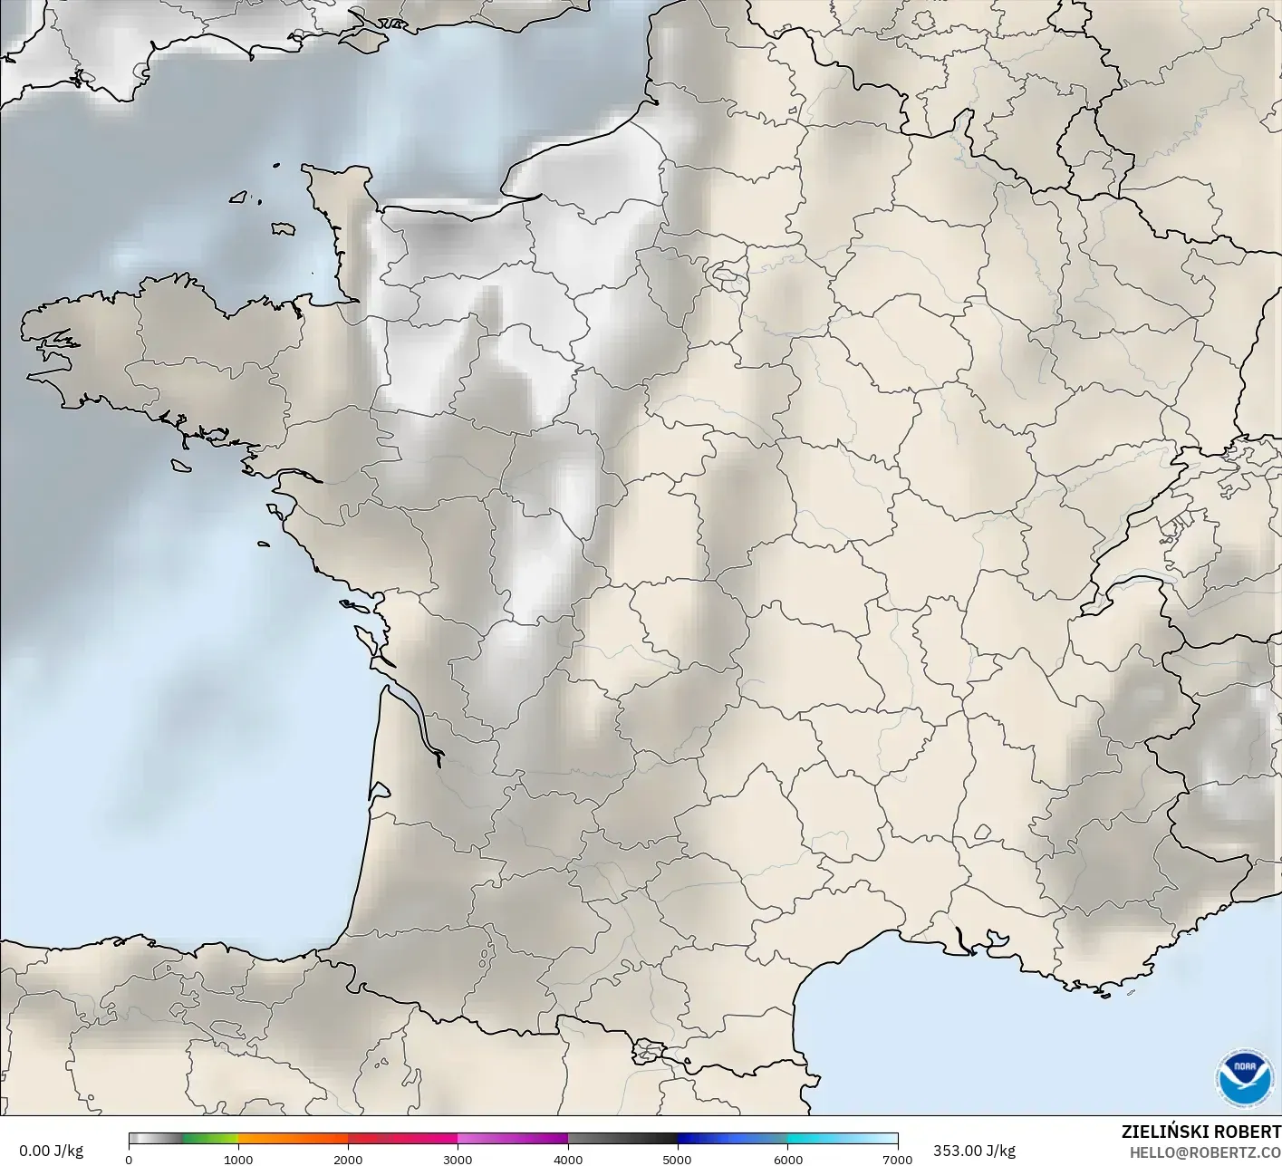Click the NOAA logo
coord(1244,1078)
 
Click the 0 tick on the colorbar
coord(129,1159)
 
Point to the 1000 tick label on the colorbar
coord(238,1159)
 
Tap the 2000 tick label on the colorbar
coord(348,1159)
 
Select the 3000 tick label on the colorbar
coord(458,1159)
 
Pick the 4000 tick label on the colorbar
coord(568,1159)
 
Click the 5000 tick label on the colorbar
coord(678,1159)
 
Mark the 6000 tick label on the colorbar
coord(787,1159)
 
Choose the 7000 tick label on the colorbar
coord(897,1159)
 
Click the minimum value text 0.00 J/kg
coord(51,1151)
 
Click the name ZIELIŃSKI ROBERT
coord(1200,1132)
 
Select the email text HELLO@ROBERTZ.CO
coord(1204,1152)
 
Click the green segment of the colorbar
coord(210,1139)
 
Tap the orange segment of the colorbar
coord(293,1139)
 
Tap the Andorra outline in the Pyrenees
coord(649,1051)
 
